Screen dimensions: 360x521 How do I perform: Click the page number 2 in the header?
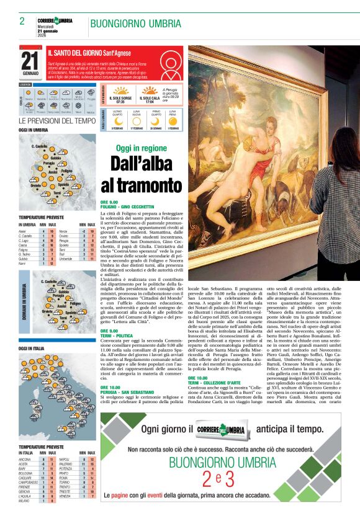22,20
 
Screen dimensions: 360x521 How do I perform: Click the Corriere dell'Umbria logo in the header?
55,21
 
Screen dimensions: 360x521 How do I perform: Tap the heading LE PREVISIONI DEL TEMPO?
57,120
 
